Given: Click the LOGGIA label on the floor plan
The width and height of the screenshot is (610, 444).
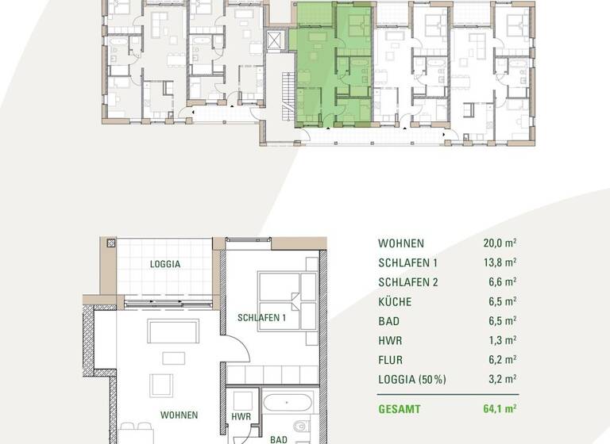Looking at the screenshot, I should click(x=165, y=264).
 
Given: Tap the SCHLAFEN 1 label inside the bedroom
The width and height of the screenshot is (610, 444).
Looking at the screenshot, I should click(x=261, y=318).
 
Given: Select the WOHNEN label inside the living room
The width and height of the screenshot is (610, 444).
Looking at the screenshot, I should click(x=179, y=415).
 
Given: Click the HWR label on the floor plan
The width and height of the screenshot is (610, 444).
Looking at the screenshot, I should click(x=241, y=415).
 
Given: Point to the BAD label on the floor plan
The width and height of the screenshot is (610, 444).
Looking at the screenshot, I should click(x=278, y=438).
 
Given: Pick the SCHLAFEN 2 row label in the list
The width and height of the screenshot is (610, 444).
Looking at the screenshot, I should click(x=409, y=282).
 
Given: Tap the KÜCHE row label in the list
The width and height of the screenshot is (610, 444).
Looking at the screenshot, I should click(x=395, y=301).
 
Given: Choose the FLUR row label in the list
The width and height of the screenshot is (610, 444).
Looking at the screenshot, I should click(x=392, y=359).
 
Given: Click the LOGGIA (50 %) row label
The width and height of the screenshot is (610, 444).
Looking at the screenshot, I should click(x=413, y=379).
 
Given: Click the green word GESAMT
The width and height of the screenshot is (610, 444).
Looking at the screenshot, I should click(x=400, y=410).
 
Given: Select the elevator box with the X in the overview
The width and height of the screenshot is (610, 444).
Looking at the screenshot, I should click(x=276, y=40).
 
